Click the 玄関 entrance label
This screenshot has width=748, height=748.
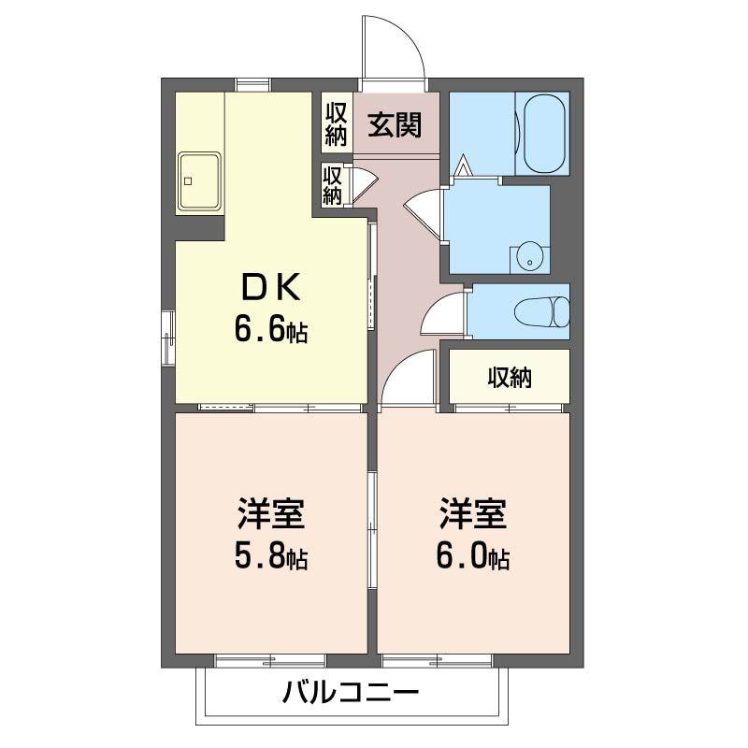click(393, 123)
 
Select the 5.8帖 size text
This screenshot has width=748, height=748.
click(270, 558)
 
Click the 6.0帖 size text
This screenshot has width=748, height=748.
click(472, 558)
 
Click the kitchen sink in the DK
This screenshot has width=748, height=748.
click(199, 180)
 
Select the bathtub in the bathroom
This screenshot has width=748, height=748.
click(543, 133)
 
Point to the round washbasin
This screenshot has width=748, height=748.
click(529, 256)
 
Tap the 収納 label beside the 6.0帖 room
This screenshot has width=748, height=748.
click(510, 378)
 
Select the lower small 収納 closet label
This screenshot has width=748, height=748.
click(332, 184)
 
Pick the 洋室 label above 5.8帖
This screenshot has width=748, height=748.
click(270, 515)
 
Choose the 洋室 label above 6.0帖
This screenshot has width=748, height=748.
click(472, 515)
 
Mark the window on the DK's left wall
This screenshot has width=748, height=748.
click(167, 338)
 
